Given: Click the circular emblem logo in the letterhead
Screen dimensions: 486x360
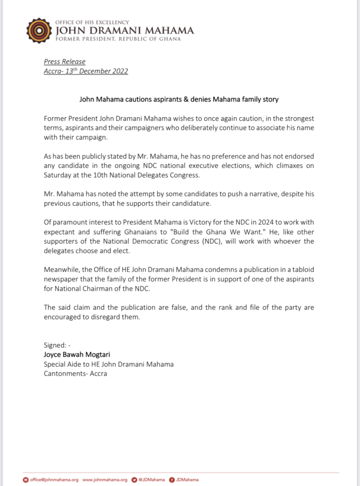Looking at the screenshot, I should pyautogui.click(x=38, y=31).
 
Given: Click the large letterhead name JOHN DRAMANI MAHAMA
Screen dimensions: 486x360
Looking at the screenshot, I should pyautogui.click(x=125, y=30).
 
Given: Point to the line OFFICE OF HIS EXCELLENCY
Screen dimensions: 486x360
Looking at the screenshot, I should pyautogui.click(x=92, y=22).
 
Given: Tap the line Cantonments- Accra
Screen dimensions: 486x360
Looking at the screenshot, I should pyautogui.click(x=75, y=373).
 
